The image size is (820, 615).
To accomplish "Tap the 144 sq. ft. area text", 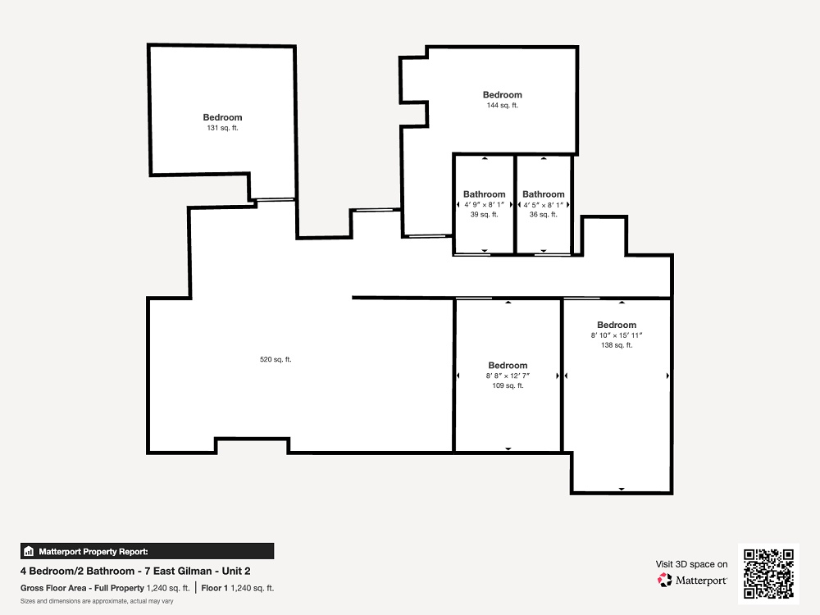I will pyautogui.click(x=502, y=105).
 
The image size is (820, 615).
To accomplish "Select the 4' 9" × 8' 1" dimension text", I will pyautogui.click(x=485, y=204).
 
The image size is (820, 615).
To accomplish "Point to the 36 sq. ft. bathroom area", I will pyautogui.click(x=543, y=214).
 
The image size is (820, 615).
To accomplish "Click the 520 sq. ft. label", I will pyautogui.click(x=276, y=359).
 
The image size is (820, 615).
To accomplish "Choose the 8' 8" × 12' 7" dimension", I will pyautogui.click(x=508, y=376).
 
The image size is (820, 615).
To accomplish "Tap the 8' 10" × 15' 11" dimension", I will pyautogui.click(x=617, y=335).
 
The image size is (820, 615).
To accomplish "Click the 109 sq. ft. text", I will pyautogui.click(x=508, y=385).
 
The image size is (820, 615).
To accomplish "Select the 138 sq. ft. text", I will pyautogui.click(x=617, y=345).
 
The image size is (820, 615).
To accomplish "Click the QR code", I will pyautogui.click(x=768, y=574).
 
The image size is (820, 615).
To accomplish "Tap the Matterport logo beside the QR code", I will pyautogui.click(x=692, y=581).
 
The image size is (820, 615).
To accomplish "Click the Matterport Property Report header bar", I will pyautogui.click(x=148, y=551).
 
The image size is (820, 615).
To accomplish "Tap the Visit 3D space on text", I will pyautogui.click(x=691, y=564).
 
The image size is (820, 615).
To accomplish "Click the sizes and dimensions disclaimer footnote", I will pyautogui.click(x=97, y=601).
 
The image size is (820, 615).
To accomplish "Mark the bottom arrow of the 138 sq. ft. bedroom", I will pyautogui.click(x=622, y=489).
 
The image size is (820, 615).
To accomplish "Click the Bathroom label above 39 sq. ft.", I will pyautogui.click(x=485, y=194).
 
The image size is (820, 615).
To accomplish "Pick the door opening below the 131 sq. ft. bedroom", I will pyautogui.click(x=274, y=200).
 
